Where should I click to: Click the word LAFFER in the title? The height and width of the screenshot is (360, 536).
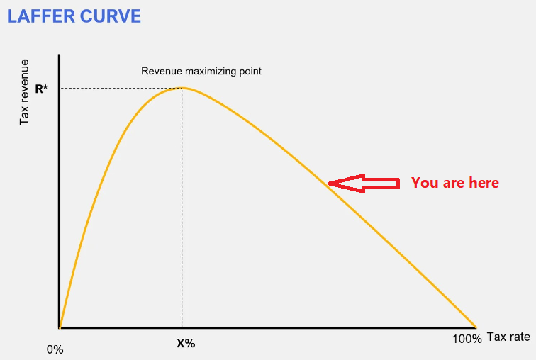(x=40, y=16)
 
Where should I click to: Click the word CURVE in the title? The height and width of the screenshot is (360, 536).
(x=110, y=16)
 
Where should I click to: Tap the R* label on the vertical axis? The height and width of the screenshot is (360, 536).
(x=41, y=89)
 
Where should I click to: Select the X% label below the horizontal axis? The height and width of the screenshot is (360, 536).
(x=186, y=343)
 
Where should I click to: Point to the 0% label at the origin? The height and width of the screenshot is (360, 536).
(x=55, y=349)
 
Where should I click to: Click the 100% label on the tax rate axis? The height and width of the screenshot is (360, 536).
(x=467, y=339)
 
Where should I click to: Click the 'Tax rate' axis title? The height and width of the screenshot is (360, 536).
(x=508, y=337)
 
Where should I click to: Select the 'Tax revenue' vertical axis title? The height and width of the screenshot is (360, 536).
(x=24, y=92)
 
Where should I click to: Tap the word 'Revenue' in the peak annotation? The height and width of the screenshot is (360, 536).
(x=162, y=71)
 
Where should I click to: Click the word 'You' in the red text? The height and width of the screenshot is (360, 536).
(x=425, y=183)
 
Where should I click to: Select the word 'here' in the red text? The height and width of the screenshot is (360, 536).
(x=484, y=183)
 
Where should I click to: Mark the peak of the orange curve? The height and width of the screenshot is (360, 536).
(x=182, y=88)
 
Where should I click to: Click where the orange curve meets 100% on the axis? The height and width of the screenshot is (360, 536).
(x=476, y=328)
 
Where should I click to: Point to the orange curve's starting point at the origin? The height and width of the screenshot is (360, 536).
(x=60, y=328)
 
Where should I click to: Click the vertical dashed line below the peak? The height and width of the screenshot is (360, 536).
(x=182, y=208)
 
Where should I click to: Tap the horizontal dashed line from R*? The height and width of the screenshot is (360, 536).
(x=121, y=89)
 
